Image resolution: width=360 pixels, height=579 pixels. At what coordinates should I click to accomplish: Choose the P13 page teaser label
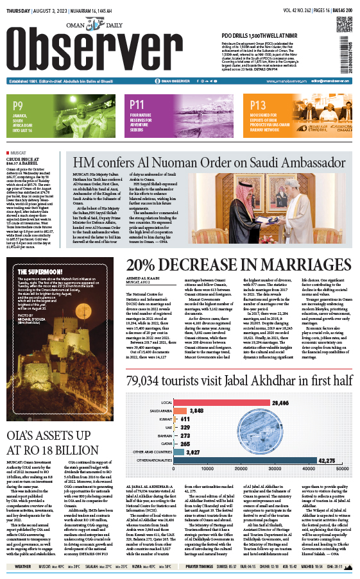[257, 105]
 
